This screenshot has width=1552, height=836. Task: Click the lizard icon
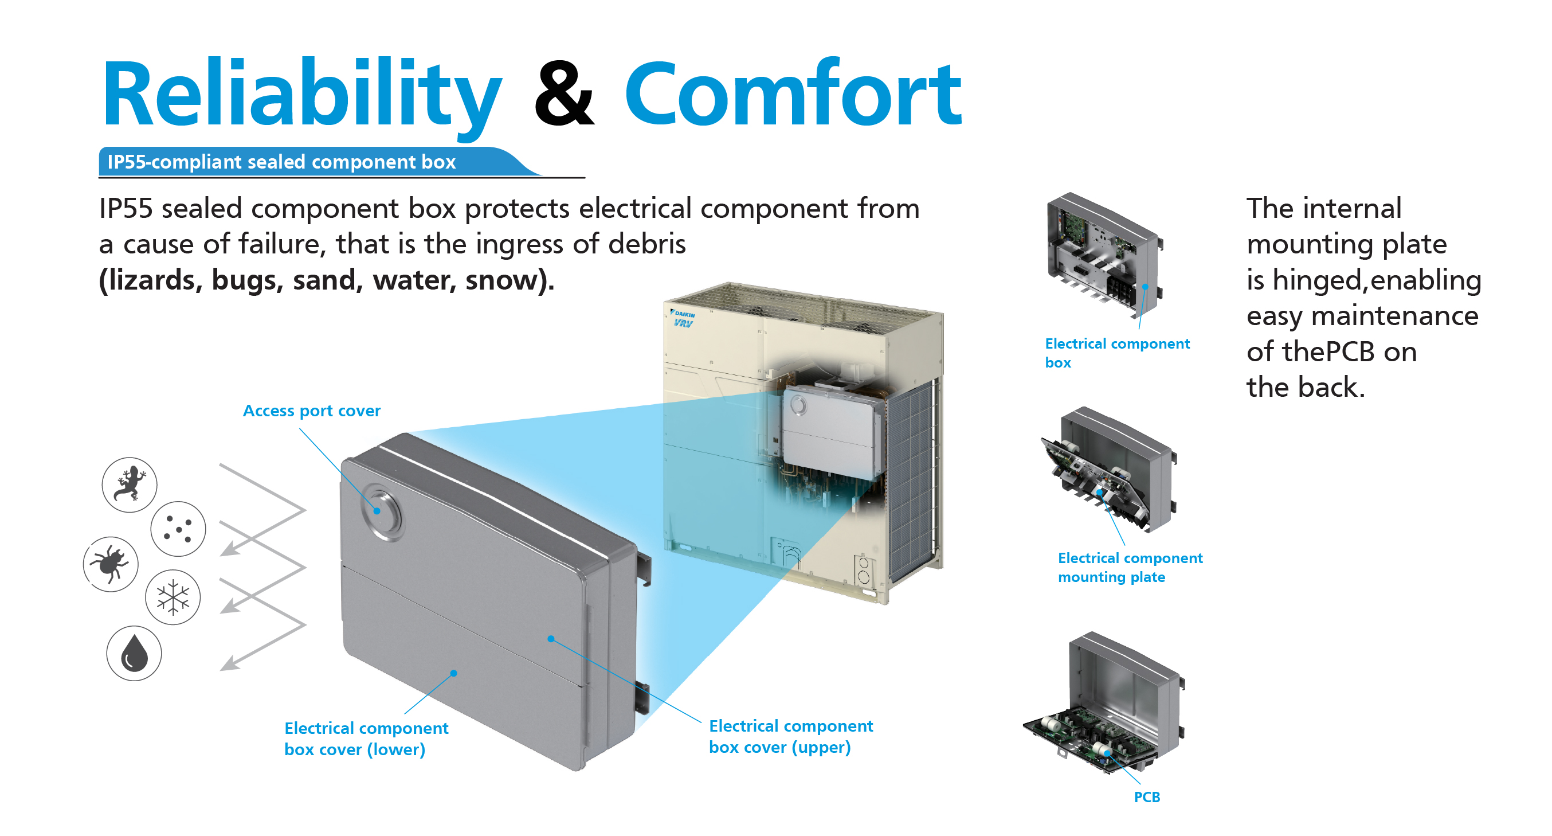click(130, 485)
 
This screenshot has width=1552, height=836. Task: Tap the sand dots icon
click(178, 529)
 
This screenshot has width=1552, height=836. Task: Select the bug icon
click(111, 564)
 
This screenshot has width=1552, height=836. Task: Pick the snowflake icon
click(173, 597)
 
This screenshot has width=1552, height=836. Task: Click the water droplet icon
click(134, 653)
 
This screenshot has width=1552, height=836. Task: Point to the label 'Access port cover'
click(311, 411)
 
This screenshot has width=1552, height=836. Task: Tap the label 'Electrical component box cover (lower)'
click(366, 739)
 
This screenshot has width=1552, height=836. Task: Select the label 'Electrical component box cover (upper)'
click(790, 736)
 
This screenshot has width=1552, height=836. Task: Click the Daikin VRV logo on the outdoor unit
click(683, 319)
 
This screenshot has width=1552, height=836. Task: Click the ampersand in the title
click(564, 93)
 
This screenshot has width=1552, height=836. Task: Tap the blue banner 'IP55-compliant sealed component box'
click(319, 162)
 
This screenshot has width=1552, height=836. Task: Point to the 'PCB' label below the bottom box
click(1147, 797)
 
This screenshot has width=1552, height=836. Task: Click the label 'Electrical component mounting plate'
click(1130, 567)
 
